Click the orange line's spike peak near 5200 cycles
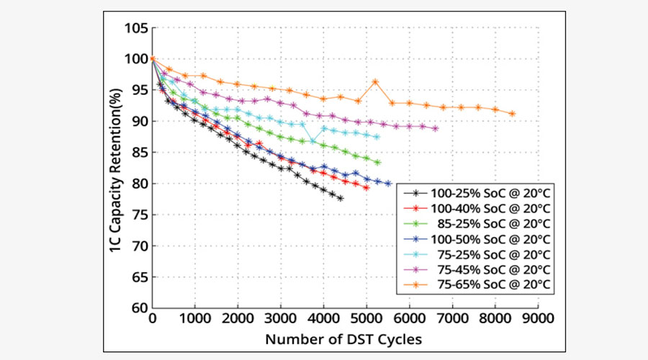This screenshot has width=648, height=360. [x=375, y=81]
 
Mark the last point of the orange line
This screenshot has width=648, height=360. [x=512, y=114]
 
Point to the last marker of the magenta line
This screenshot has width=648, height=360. [x=436, y=129]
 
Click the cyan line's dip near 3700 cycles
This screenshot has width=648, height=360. [x=312, y=140]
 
